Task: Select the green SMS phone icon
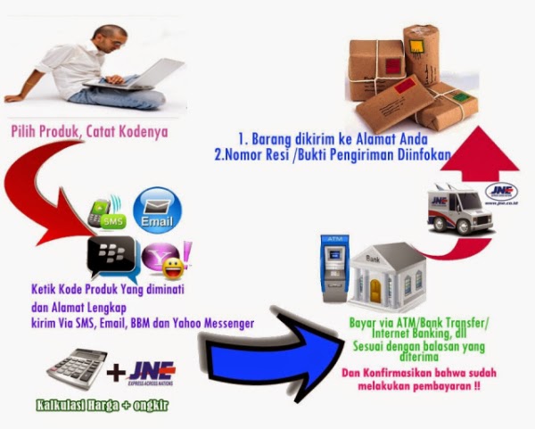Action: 107,212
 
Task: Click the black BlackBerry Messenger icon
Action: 111,257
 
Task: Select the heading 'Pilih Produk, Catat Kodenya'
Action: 89,133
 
